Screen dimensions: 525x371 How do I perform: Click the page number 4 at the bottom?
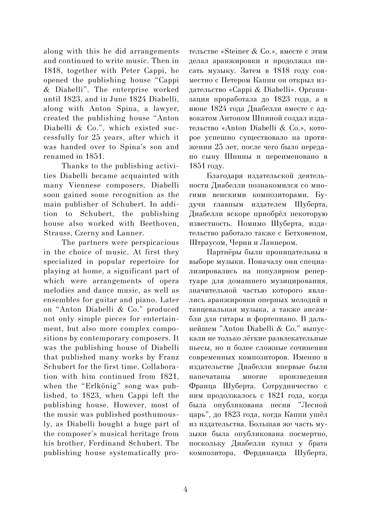[x=185, y=489]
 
